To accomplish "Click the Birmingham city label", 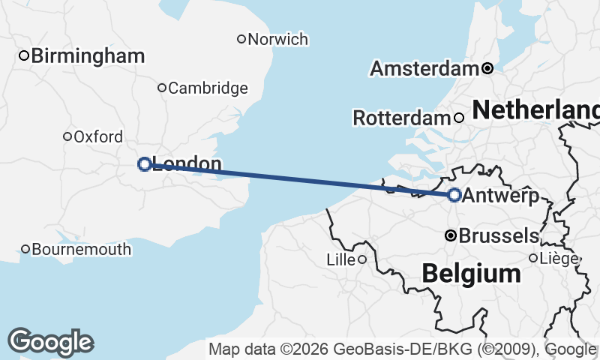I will [x=88, y=55].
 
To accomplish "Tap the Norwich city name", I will [x=277, y=39].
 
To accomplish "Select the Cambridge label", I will [x=208, y=88].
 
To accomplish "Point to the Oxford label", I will [x=98, y=136].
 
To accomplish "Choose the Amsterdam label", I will [x=424, y=69].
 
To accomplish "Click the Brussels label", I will [x=498, y=235].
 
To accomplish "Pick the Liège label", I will [x=559, y=259].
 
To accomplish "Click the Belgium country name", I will [x=471, y=274].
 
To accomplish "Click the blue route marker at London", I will [x=145, y=164].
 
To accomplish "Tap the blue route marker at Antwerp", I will [x=454, y=195].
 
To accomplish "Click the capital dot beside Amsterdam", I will [x=487, y=68].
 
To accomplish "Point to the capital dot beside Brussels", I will [x=451, y=235].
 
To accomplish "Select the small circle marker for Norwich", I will [x=241, y=39].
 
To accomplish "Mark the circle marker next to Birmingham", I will [x=24, y=55].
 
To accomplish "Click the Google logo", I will [x=50, y=342].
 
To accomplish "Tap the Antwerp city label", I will [x=501, y=196].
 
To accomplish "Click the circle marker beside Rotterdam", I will [x=459, y=118].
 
